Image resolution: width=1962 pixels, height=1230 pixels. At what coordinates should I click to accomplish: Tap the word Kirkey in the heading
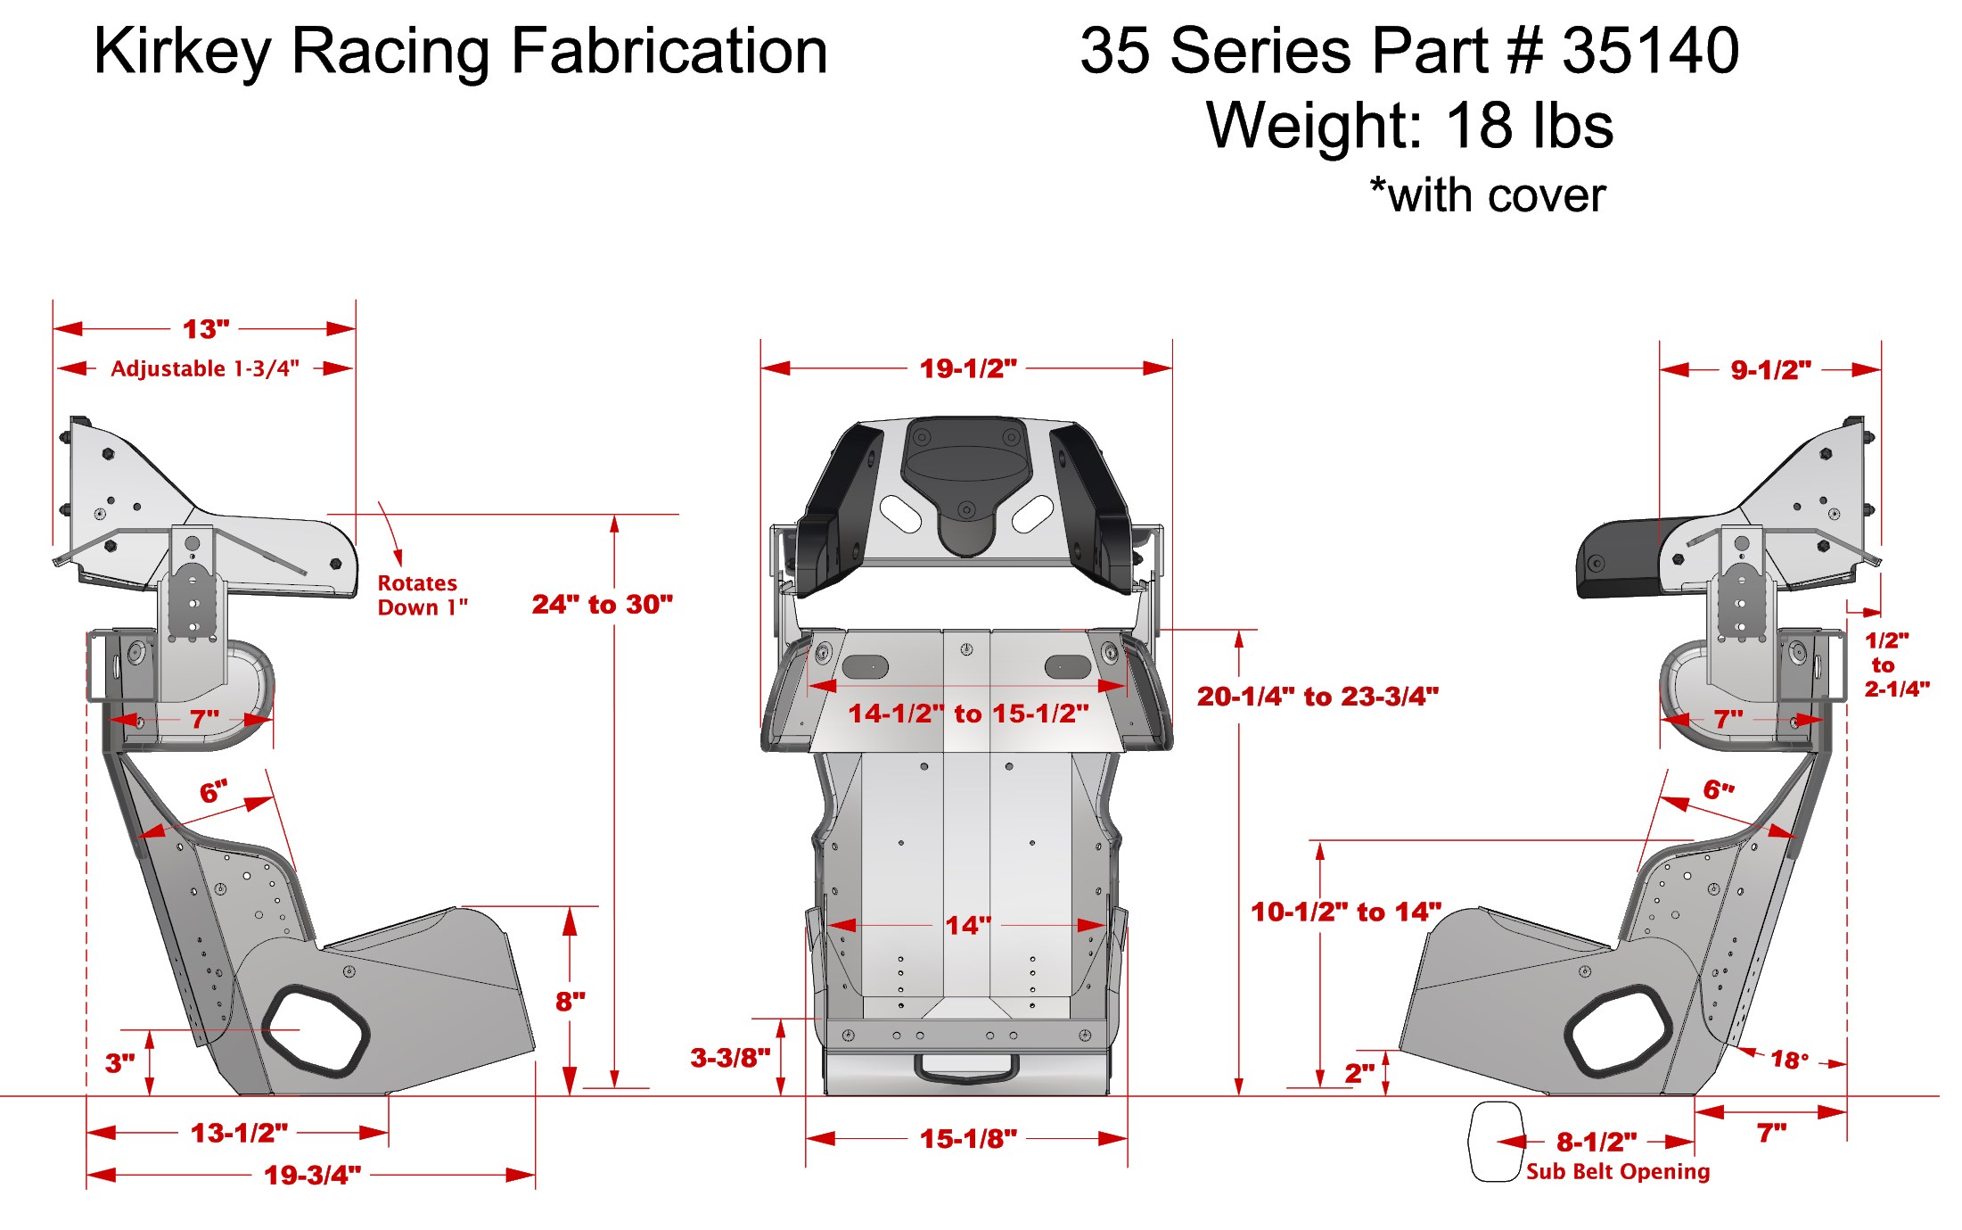(183, 52)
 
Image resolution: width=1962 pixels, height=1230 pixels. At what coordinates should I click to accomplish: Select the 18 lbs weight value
(1530, 125)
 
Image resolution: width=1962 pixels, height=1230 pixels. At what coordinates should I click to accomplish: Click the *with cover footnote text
(1488, 195)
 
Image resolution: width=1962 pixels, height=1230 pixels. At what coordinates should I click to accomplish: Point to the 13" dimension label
(206, 329)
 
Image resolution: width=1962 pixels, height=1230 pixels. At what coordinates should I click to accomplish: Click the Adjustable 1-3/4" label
(205, 368)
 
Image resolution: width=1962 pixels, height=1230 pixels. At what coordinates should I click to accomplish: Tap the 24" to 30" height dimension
(602, 605)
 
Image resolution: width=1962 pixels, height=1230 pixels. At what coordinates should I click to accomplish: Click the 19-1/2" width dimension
(968, 368)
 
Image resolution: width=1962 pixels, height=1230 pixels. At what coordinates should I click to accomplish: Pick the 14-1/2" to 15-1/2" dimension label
(968, 714)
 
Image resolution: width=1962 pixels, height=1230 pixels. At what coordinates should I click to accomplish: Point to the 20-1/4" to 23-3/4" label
(1318, 697)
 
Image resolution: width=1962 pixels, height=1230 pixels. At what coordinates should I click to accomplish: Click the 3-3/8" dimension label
(730, 1058)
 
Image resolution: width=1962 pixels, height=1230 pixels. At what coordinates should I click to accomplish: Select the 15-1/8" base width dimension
(968, 1139)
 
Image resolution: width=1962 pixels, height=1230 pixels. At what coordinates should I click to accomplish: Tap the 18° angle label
(1790, 1060)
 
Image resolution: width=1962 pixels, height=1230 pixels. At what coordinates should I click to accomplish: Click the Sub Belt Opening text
(1618, 1171)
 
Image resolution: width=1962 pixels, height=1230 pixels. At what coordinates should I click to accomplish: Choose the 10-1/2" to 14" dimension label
(1346, 912)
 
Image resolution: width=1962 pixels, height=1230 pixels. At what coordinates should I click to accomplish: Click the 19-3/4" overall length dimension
(312, 1175)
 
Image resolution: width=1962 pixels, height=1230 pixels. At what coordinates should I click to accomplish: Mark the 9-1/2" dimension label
(1770, 370)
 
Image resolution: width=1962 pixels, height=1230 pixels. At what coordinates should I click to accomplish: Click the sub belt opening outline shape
(1495, 1142)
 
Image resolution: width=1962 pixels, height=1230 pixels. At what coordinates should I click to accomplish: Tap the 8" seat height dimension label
(571, 1001)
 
